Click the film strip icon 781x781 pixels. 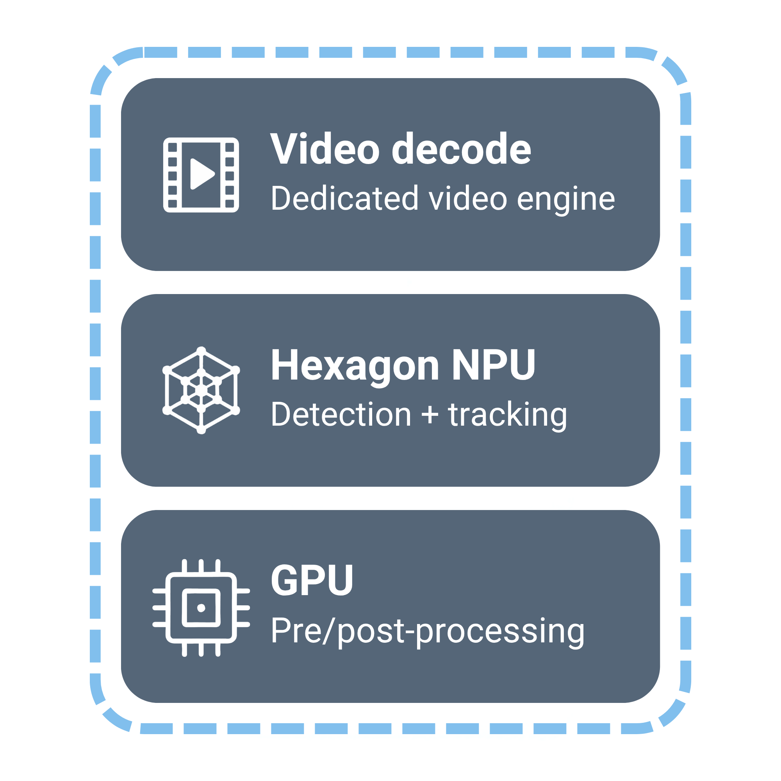point(201,175)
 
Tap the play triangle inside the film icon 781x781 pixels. point(203,174)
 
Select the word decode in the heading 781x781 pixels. point(461,148)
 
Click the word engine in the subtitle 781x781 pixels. point(566,200)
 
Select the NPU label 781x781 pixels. point(494,365)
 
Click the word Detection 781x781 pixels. point(341,414)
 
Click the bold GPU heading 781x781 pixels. point(312,581)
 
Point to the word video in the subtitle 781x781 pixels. point(468,198)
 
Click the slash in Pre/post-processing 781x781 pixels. point(329,631)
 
